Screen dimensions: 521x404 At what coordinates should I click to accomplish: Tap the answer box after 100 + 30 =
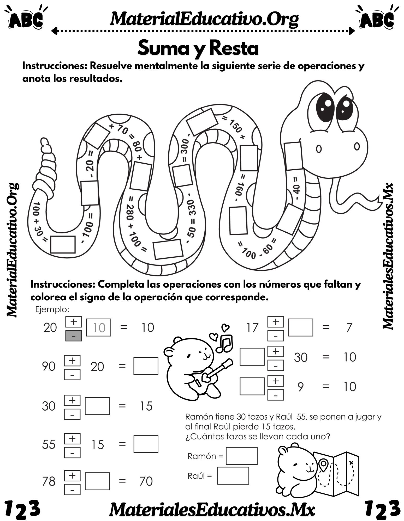click(63, 244)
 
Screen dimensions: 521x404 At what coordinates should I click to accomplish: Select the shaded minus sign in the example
click(73, 336)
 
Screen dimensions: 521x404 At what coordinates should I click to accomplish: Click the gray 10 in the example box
click(99, 328)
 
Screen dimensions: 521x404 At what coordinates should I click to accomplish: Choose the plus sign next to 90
click(72, 361)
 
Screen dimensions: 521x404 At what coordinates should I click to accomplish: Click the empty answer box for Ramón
click(241, 456)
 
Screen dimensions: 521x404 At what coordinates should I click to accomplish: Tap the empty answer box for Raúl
click(233, 476)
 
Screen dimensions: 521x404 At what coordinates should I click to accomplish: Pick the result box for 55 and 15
click(146, 444)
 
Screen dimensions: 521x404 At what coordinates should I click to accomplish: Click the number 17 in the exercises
click(252, 328)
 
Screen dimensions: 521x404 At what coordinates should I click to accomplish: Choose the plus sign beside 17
click(276, 322)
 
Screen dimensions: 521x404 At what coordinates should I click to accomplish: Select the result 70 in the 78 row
click(146, 481)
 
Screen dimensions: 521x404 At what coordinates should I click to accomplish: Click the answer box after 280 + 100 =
click(168, 249)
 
